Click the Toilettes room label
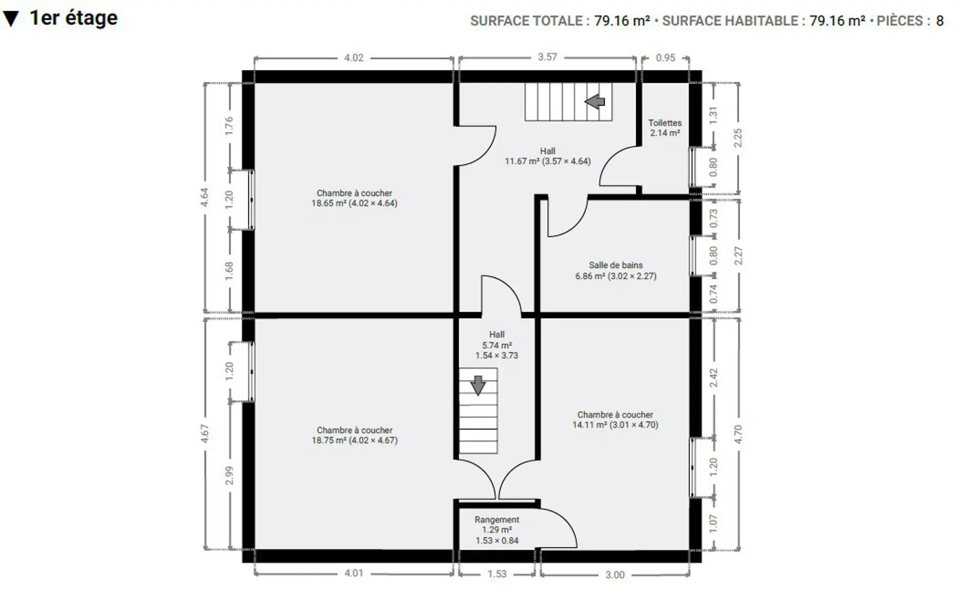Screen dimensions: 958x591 click(665, 123)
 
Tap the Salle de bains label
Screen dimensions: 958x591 click(616, 265)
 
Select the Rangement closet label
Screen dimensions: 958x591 click(497, 520)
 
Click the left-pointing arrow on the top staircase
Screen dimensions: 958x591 click(595, 101)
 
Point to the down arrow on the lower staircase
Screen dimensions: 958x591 click(478, 386)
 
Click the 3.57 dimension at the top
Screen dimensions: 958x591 click(547, 57)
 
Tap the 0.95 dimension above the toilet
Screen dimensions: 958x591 click(665, 58)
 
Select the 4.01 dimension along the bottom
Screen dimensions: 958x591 click(354, 573)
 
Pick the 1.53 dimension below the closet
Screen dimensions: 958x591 click(497, 574)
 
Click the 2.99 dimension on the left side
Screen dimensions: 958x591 click(229, 475)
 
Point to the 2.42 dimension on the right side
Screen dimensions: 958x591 click(714, 378)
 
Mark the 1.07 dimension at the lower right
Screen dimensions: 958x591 click(714, 524)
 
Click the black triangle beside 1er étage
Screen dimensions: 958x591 click(11, 19)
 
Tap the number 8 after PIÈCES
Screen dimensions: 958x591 click(940, 21)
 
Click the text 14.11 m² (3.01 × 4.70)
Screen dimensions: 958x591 click(615, 425)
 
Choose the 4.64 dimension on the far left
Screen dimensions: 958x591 click(205, 197)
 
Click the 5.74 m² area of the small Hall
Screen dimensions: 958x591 click(497, 345)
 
